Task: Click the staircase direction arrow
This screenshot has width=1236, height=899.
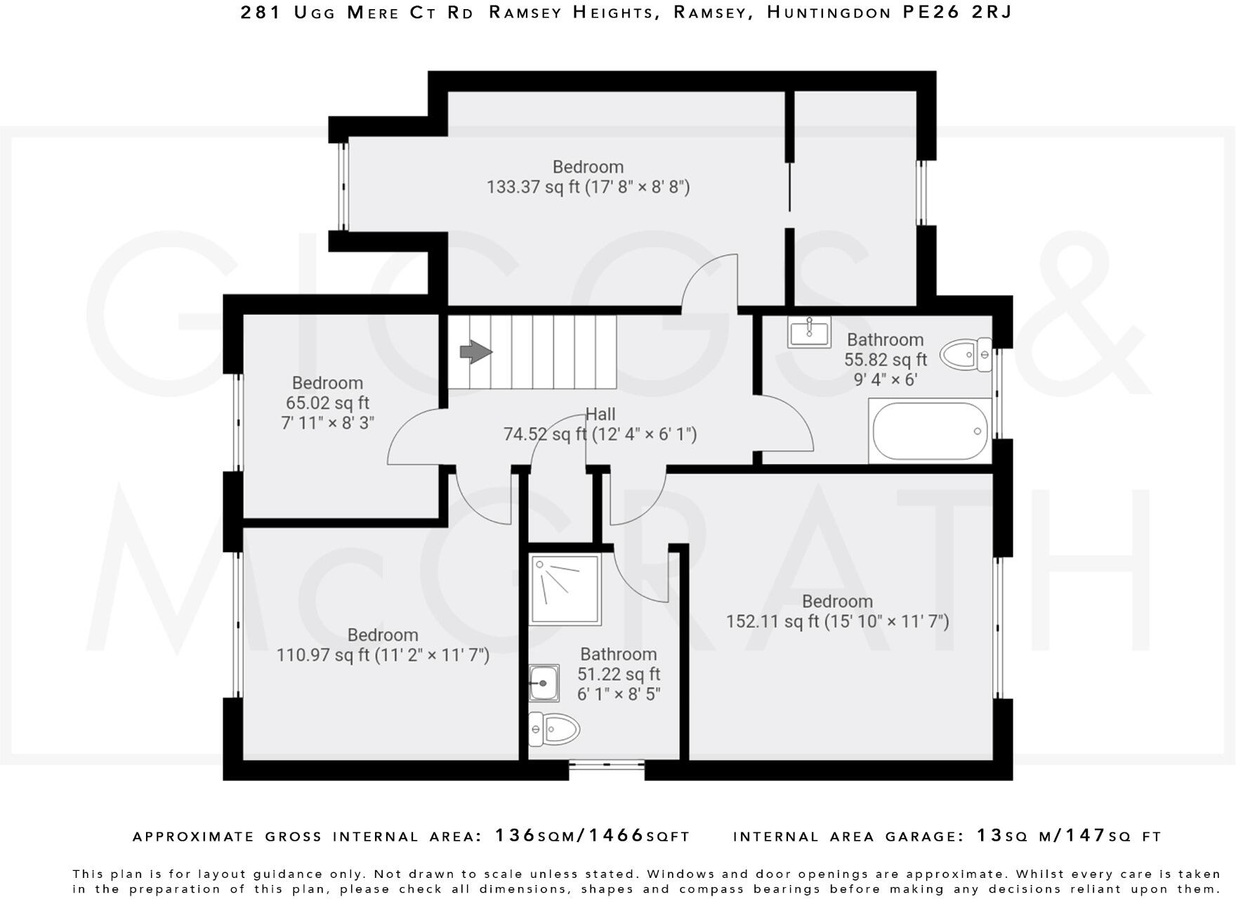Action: (x=476, y=352)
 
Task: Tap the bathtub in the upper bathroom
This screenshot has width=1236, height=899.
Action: (x=931, y=431)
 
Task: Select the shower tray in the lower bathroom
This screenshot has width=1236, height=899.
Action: (x=565, y=589)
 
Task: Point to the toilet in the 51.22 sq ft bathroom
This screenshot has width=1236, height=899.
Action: (x=554, y=728)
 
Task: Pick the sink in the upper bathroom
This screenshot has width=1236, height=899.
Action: (x=809, y=332)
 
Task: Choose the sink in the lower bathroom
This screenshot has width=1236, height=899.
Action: (x=544, y=683)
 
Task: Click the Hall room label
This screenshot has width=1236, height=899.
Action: (x=600, y=414)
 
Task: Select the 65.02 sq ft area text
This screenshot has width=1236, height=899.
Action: (x=327, y=403)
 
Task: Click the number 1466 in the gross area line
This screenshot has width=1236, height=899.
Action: (x=616, y=836)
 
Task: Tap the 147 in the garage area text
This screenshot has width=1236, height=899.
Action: (x=1086, y=836)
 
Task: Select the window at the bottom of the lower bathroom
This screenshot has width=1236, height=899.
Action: (x=607, y=766)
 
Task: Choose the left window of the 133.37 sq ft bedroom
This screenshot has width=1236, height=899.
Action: (x=343, y=187)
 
